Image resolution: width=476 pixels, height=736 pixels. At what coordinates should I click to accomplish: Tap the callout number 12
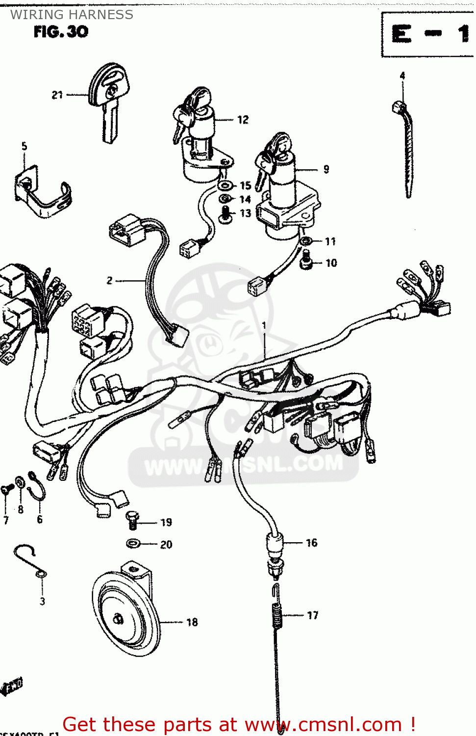[243, 120]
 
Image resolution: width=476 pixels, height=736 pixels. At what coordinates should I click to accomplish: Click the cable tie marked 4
[406, 147]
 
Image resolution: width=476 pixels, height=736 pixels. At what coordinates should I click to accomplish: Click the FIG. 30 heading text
[61, 32]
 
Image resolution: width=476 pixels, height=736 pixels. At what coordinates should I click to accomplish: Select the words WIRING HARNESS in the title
[72, 15]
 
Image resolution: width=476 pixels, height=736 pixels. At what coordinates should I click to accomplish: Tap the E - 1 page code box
[428, 35]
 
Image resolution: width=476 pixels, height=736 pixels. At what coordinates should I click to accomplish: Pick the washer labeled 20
[133, 544]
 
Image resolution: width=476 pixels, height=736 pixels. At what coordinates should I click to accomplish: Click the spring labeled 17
[277, 615]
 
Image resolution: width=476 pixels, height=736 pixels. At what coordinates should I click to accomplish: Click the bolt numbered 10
[306, 260]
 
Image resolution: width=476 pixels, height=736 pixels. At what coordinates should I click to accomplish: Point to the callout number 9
[326, 169]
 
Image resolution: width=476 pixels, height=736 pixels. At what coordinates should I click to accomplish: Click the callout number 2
[109, 281]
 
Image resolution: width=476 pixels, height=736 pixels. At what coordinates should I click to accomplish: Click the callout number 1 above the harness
[264, 325]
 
